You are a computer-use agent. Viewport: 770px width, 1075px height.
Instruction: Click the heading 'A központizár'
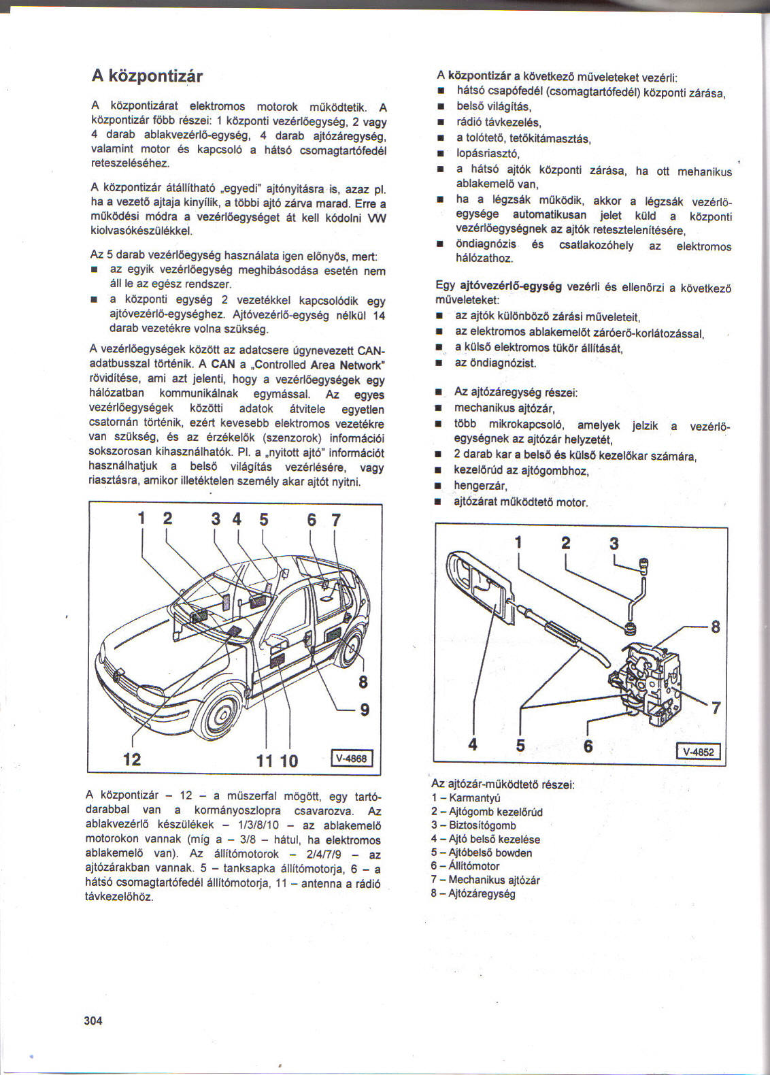[147, 76]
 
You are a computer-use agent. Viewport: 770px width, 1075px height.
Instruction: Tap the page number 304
[93, 1020]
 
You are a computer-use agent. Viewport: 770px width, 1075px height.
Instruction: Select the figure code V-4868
[352, 758]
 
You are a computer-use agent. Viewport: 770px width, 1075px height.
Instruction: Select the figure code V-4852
[698, 752]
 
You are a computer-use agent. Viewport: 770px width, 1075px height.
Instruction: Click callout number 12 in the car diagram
[132, 759]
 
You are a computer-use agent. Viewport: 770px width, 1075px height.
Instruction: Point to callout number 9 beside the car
[365, 710]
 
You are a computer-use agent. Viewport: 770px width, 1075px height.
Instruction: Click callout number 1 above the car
[142, 519]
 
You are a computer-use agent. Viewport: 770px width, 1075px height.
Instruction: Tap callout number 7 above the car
[335, 520]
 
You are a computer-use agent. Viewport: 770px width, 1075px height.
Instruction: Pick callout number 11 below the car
[265, 760]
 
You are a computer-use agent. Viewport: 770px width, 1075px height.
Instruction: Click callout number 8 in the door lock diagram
[715, 626]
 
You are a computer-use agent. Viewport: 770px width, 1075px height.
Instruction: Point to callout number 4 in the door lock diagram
[473, 745]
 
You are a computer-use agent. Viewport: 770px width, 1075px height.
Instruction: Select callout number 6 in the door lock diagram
[588, 746]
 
